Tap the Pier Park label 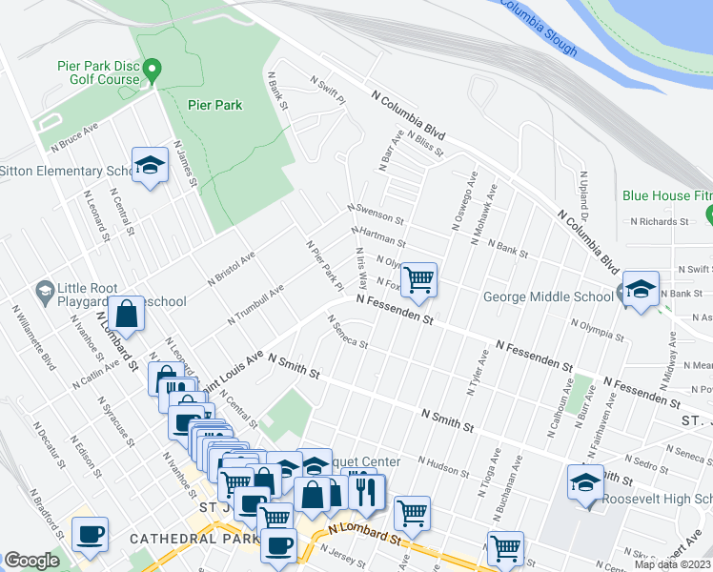point(214,105)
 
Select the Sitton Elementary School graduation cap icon point(150,168)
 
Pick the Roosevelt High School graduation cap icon point(584,483)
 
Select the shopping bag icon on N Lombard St point(127,314)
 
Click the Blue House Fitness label point(666,195)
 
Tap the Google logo point(31,561)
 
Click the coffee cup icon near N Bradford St point(91,535)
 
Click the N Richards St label point(660,221)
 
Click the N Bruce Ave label point(78,137)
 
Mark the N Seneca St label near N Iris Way point(347,332)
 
